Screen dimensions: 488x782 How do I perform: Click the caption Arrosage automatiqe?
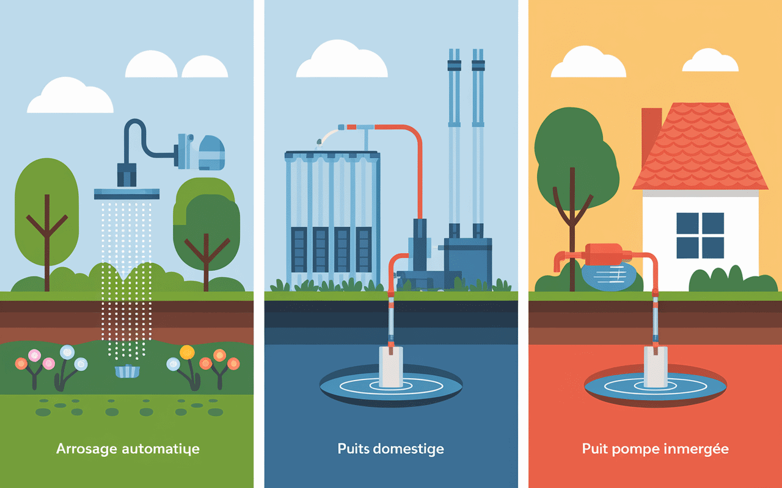pyautogui.click(x=128, y=450)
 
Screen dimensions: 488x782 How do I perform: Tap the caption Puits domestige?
pyautogui.click(x=390, y=450)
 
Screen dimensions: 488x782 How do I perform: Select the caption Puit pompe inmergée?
pyautogui.click(x=655, y=450)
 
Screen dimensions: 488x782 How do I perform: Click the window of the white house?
pyautogui.click(x=700, y=235)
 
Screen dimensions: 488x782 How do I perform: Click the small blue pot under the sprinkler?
pyautogui.click(x=127, y=371)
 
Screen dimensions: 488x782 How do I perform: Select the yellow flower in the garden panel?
pyautogui.click(x=187, y=352)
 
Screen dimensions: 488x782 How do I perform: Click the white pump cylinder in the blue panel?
pyautogui.click(x=391, y=367)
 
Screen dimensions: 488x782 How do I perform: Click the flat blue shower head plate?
pyautogui.click(x=127, y=194)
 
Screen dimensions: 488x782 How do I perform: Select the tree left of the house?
pyautogui.click(x=573, y=159)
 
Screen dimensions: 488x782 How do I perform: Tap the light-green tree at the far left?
pyautogui.click(x=46, y=207)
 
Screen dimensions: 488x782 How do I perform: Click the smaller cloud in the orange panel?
pyautogui.click(x=710, y=60)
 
